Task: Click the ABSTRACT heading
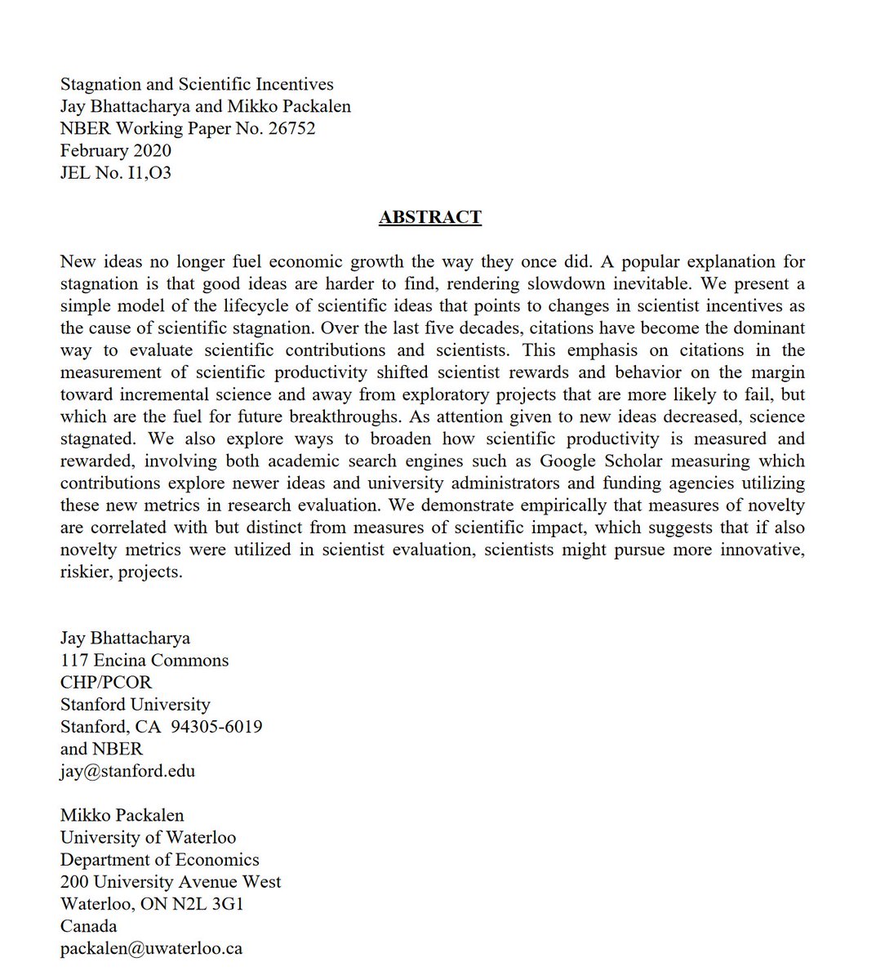[429, 217]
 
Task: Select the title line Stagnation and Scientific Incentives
[197, 84]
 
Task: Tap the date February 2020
[116, 150]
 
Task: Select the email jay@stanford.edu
[127, 771]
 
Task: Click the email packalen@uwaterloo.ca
[151, 948]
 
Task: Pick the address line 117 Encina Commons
[145, 660]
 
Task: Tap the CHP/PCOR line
[106, 682]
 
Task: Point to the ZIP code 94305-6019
[216, 726]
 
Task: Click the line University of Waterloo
[148, 837]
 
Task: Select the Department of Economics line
[159, 859]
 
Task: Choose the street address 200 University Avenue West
[171, 881]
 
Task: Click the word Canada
[88, 925]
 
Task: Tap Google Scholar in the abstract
[601, 461]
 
